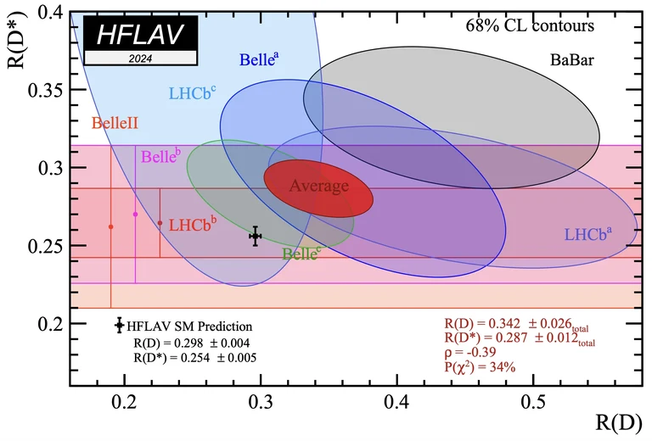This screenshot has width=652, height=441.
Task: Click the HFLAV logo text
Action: pos(140,36)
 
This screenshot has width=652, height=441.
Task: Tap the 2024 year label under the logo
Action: pos(140,59)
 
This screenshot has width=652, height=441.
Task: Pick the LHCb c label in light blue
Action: pos(192,92)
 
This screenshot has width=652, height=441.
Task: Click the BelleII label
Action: pos(115,123)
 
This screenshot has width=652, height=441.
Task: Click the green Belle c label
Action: pos(301,252)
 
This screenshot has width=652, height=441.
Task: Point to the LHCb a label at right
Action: pos(587,232)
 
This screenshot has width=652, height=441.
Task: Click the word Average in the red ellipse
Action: pos(318,186)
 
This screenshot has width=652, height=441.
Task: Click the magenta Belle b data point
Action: pos(135,215)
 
